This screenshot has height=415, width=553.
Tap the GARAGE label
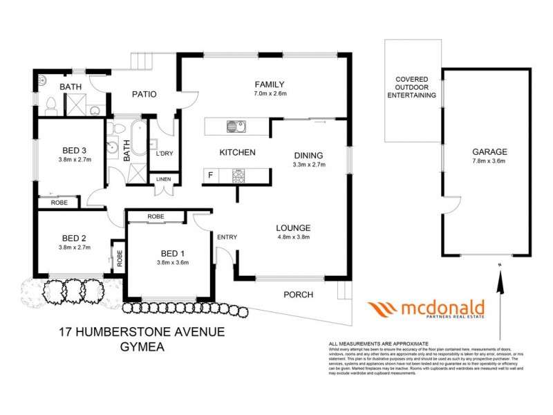pos(490,151)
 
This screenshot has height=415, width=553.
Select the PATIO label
pos(144,94)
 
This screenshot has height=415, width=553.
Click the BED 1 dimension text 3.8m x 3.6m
pos(173,262)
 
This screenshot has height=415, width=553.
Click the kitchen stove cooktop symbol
pos(239,176)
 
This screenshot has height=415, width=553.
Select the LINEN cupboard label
pos(164,179)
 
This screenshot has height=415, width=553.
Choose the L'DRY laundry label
pos(165,153)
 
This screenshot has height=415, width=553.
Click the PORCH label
pos(298,295)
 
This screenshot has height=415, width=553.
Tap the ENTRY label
pos(227,237)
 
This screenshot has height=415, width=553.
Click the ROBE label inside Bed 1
pos(156,216)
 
